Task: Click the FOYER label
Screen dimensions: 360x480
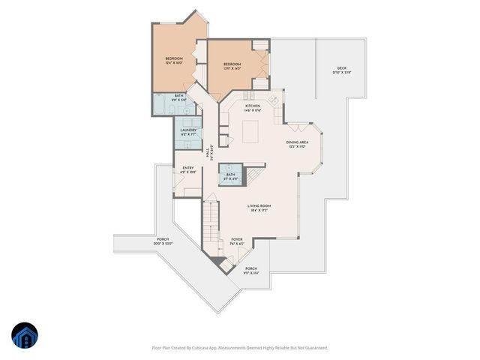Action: point(236,241)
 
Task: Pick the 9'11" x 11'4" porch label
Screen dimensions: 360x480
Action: point(250,270)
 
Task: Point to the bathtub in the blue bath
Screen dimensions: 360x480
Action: point(162,105)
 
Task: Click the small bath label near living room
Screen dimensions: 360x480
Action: point(230,176)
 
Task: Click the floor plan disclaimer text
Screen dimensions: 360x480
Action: point(240,348)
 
